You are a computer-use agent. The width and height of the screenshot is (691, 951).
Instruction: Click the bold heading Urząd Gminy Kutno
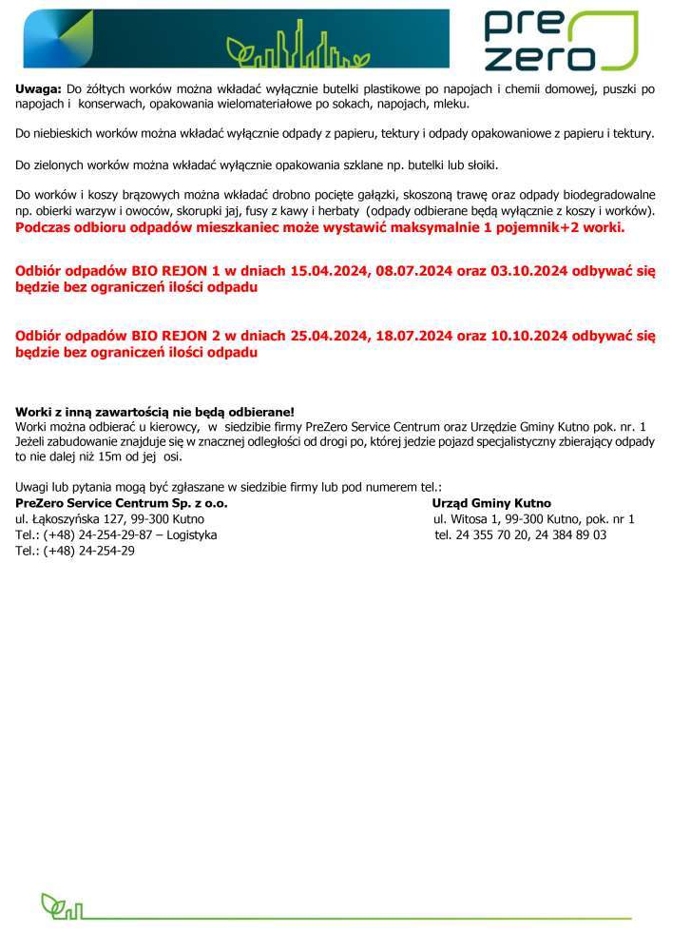click(x=491, y=502)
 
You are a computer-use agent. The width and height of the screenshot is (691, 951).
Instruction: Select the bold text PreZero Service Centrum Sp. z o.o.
click(x=122, y=502)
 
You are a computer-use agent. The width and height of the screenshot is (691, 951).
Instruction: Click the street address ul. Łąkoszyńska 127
click(x=82, y=519)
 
